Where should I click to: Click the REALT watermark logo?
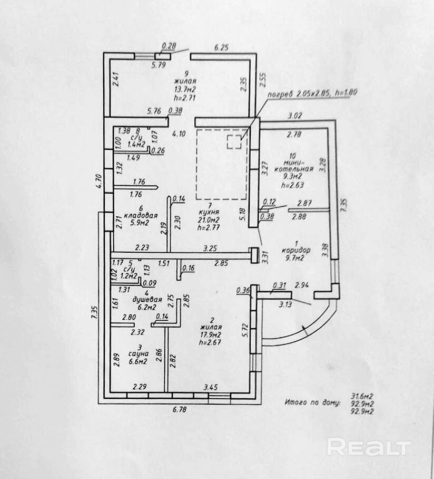coord(368,447)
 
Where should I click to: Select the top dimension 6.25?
coord(221,47)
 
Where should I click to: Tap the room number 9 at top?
coord(185,74)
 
